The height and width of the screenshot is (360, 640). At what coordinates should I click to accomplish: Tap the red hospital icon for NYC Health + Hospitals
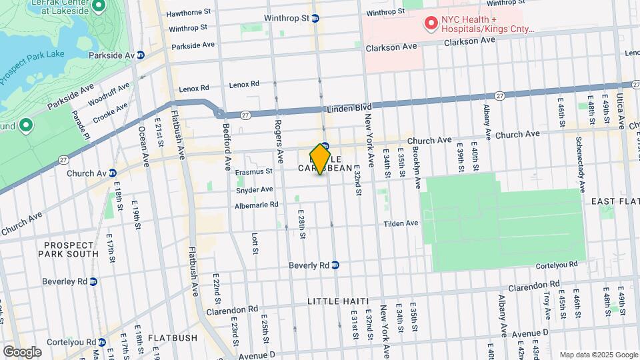click(431, 25)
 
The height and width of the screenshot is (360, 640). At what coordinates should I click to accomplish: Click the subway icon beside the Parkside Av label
click(141, 55)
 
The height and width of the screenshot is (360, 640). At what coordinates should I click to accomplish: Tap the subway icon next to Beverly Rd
click(336, 265)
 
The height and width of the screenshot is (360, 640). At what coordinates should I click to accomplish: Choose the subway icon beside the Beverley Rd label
click(93, 281)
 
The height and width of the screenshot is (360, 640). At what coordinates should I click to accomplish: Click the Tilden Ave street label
click(401, 223)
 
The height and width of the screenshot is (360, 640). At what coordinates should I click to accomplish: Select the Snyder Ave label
click(255, 190)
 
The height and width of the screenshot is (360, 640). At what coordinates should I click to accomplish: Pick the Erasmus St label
click(254, 171)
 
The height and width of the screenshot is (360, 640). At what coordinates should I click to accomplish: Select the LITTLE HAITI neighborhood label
click(338, 301)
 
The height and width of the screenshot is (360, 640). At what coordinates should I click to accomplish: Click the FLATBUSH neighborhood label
click(173, 338)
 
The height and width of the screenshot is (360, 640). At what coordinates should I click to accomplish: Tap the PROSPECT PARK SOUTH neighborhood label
click(69, 248)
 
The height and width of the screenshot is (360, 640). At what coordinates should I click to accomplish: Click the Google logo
click(22, 351)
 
